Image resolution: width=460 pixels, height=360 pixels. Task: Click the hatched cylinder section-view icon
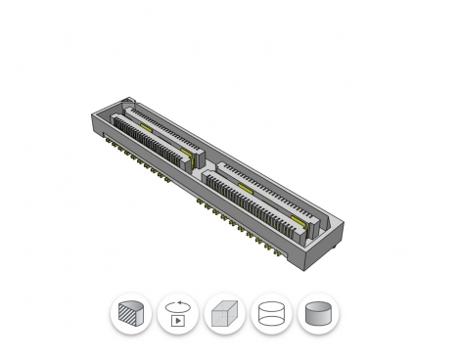[x=131, y=315]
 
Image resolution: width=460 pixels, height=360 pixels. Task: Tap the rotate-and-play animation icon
[x=178, y=315]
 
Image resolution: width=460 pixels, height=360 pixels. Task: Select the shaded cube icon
[x=225, y=315]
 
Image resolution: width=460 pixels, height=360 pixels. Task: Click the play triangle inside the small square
[x=179, y=320]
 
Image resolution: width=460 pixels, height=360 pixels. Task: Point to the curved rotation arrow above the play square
[x=178, y=304]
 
